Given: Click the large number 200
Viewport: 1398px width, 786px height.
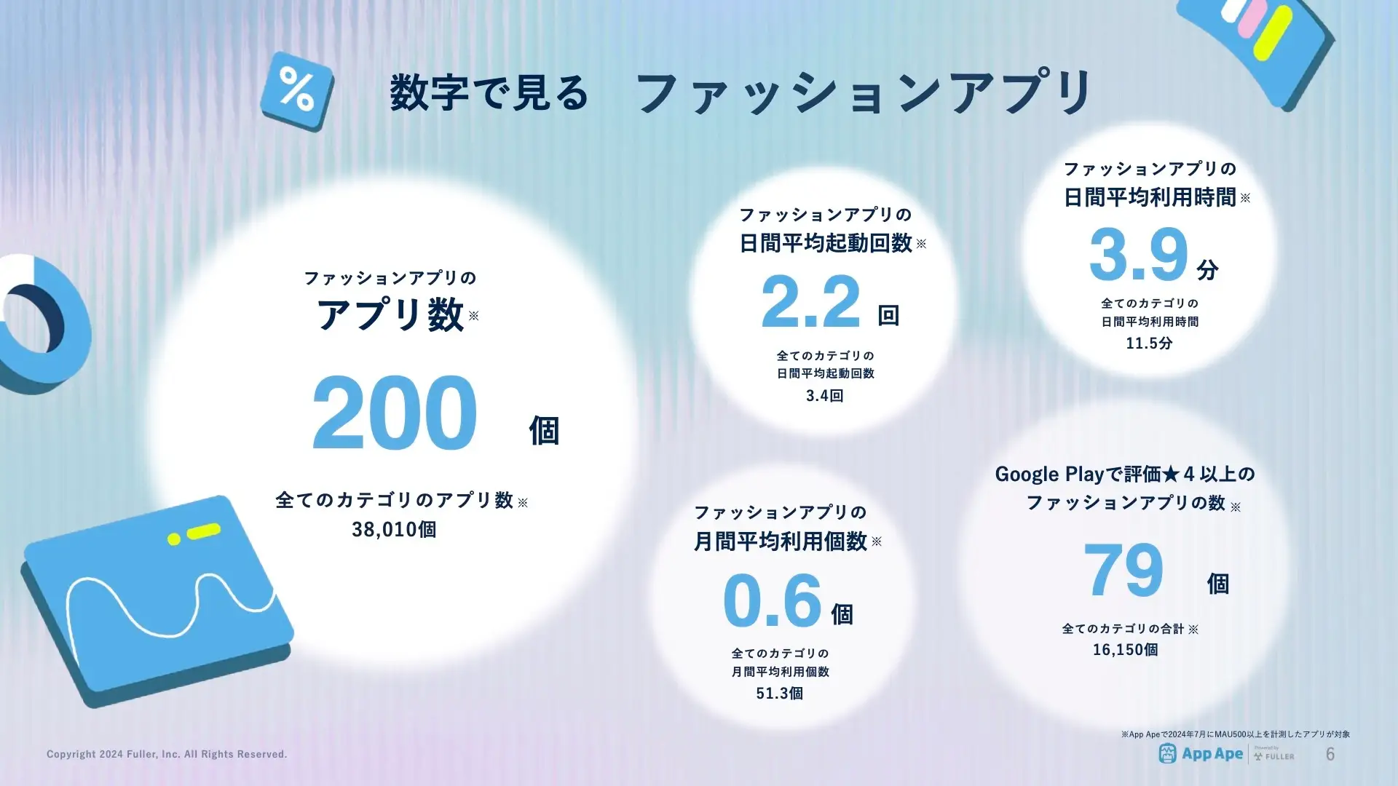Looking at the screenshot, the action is point(395,413).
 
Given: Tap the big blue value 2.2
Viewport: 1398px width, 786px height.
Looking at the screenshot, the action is point(811,301).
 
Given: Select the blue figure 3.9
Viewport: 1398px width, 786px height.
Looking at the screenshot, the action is point(1139,254).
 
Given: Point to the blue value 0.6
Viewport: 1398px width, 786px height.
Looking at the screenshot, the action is point(773,600).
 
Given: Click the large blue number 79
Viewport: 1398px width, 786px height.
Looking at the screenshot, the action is point(1123,570).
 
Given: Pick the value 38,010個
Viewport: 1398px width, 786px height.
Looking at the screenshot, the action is point(394,530).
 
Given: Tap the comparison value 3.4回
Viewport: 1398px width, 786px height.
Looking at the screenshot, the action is point(825,396).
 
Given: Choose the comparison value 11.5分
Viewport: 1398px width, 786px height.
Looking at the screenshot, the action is point(1149,344).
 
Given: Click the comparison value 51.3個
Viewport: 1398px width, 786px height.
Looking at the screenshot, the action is point(780,694).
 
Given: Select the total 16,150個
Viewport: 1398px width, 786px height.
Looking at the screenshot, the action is point(1125,650).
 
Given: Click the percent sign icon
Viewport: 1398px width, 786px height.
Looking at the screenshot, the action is point(297,91).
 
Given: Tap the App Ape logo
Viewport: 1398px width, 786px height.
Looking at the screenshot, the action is point(1201,754).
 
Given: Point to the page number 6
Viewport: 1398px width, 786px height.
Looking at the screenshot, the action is point(1330,754).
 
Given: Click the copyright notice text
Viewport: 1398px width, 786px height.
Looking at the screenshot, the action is point(167,754).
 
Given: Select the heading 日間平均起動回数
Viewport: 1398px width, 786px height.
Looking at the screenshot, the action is point(826,243).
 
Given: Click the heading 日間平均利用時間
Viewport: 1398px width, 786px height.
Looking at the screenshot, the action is point(1150,197).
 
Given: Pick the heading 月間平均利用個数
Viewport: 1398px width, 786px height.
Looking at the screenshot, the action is point(780,541).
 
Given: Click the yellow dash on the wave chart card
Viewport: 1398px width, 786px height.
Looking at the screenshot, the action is point(204,531).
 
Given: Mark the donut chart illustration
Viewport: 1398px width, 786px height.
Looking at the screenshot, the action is point(44,324).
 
